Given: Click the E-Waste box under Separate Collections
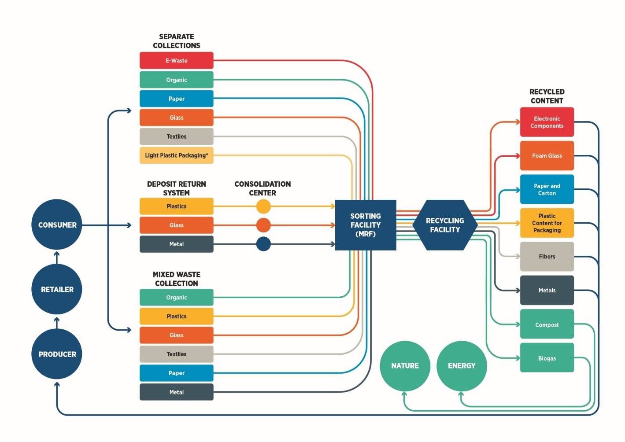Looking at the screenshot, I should [176, 60].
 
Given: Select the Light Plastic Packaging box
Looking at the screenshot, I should [176, 155].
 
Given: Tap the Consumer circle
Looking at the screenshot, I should [57, 225].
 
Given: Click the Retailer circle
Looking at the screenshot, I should [57, 289].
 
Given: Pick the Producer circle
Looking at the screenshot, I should [57, 354].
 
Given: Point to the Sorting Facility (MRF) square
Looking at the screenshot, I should [366, 225].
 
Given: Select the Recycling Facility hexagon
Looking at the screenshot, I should [445, 225].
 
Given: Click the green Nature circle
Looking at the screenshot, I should [405, 365].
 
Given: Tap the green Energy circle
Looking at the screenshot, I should [462, 365].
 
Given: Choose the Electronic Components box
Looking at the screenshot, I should [547, 122].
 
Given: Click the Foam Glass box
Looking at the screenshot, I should [547, 155].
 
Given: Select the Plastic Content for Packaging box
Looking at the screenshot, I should [547, 223].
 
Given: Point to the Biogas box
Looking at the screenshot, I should [547, 358].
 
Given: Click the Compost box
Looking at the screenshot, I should [547, 324].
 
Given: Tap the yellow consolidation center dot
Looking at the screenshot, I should [263, 206].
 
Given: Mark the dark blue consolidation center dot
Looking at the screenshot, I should [263, 244].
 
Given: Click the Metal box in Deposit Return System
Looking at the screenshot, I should [176, 244].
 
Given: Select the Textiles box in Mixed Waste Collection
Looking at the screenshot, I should [176, 354].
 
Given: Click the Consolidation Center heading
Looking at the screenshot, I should [263, 188].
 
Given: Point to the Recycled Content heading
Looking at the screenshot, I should [547, 96].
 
